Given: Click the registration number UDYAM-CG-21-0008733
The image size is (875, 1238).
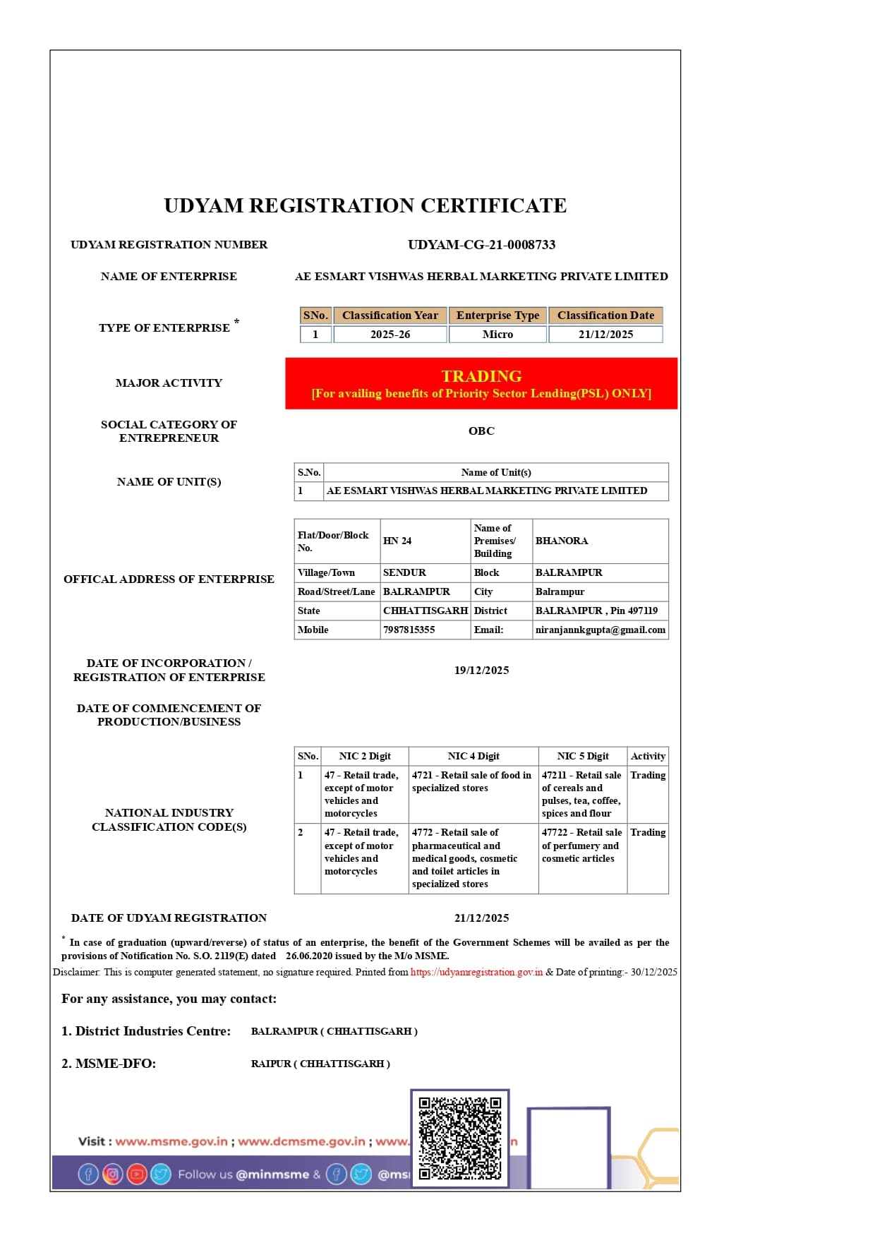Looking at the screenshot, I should (x=481, y=245).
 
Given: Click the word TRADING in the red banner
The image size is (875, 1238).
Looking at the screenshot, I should (x=481, y=376).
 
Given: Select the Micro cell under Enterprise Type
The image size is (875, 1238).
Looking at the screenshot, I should (x=497, y=335).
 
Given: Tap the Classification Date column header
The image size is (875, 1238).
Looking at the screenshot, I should (x=605, y=315).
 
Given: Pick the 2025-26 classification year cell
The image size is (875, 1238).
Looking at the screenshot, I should (x=390, y=335).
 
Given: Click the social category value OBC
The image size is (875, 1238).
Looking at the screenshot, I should (x=481, y=431).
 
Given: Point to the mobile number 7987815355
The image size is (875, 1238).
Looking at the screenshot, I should (x=409, y=630).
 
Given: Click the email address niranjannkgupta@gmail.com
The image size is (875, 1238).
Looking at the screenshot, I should (x=600, y=630).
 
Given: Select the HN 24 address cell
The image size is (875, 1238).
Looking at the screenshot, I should (x=397, y=541).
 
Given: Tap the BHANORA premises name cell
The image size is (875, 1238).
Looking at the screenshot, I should (x=562, y=541).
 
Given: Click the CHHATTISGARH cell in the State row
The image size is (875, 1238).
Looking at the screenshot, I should (x=426, y=611).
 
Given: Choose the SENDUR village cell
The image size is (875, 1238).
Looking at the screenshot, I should (x=404, y=572).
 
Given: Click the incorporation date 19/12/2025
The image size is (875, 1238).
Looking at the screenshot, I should (x=481, y=671).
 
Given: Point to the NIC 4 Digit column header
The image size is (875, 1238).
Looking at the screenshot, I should (x=473, y=756).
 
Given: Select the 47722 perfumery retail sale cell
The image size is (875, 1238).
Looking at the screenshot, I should (x=581, y=846).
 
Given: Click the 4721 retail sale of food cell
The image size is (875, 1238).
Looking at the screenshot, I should (x=471, y=781).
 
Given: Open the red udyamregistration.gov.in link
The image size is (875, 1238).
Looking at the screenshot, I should (x=476, y=973).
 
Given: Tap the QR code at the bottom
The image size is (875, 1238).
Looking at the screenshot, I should (x=459, y=1137).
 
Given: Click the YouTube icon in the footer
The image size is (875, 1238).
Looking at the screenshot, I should (x=136, y=1174).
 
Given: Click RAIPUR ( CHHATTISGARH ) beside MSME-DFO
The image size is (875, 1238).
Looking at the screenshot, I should (x=320, y=1064).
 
